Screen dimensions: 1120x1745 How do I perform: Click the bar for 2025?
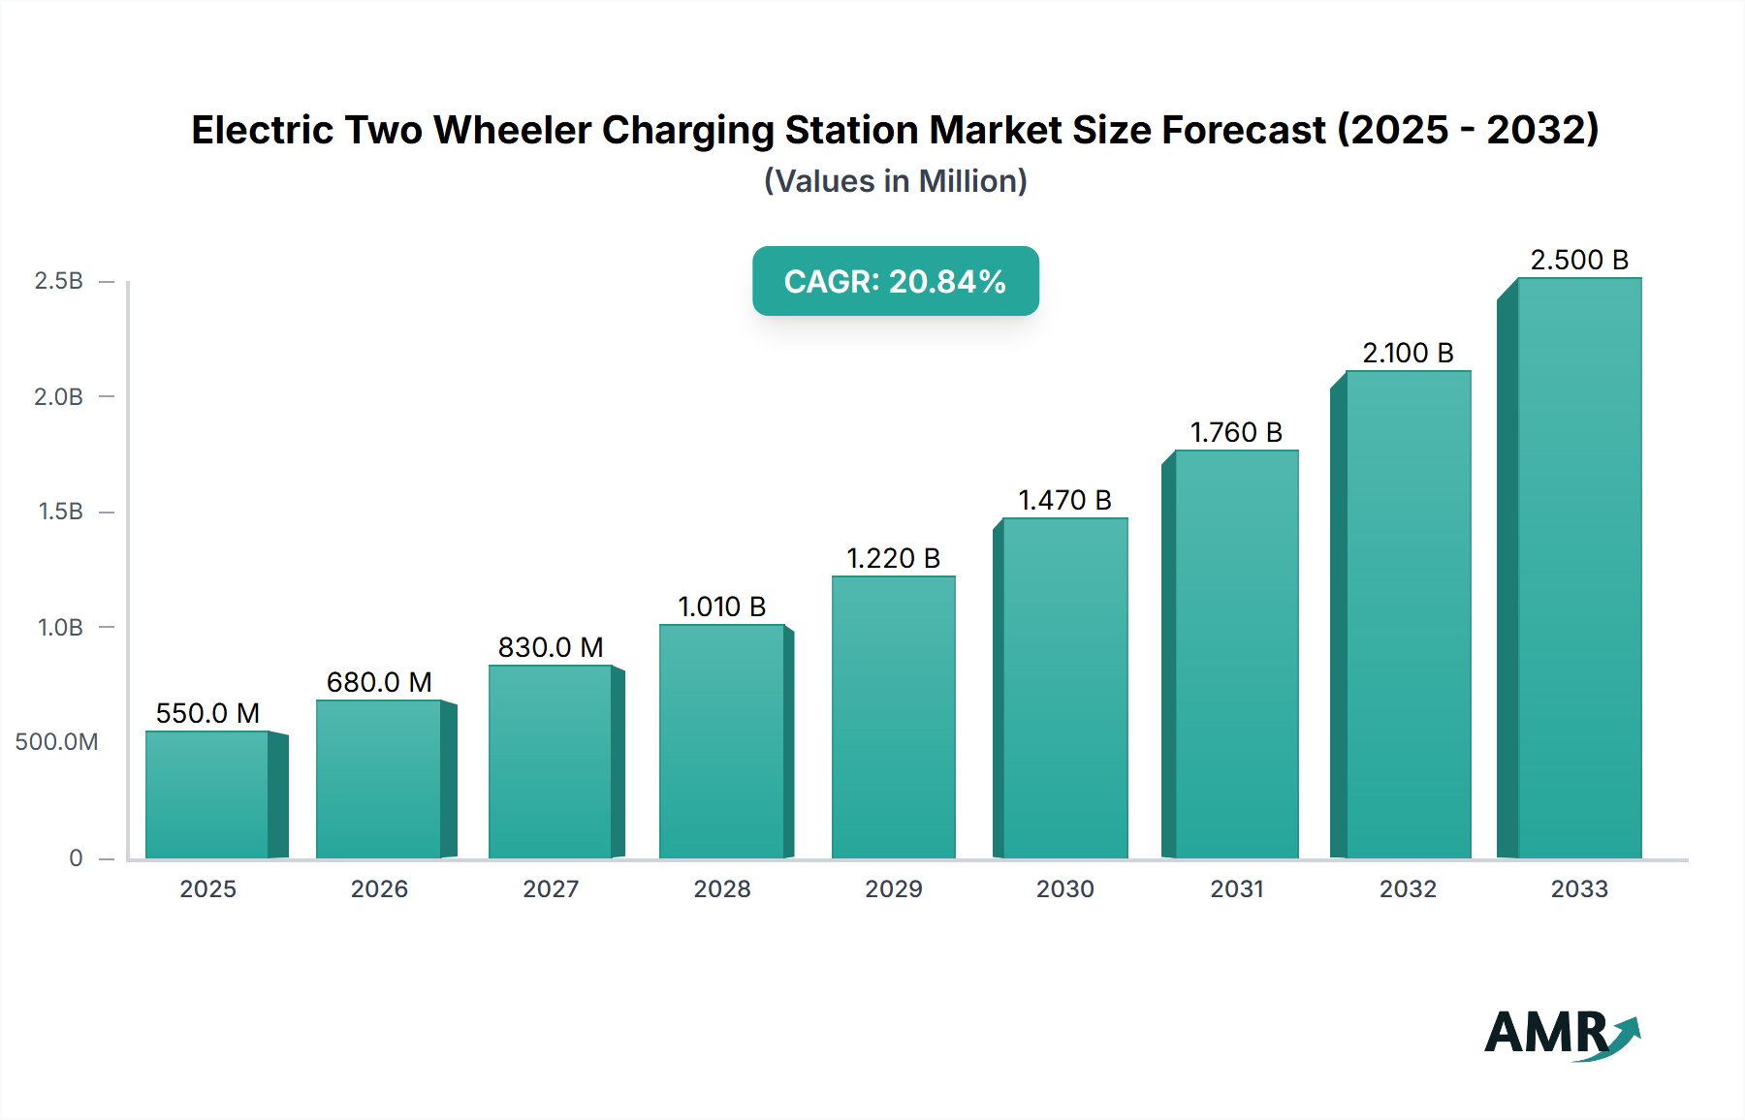pos(207,794)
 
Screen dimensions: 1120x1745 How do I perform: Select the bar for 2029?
pos(893,717)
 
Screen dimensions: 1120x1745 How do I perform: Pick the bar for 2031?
pos(1236,654)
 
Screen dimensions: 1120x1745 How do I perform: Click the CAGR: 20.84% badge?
pos(895,281)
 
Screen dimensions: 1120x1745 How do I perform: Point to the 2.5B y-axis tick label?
pos(58,281)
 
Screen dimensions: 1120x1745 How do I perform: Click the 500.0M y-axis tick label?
pos(56,742)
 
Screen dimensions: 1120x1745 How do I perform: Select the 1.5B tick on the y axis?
pos(60,512)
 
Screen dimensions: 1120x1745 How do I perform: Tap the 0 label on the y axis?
pos(76,858)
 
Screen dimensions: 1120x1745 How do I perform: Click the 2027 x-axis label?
pos(551,889)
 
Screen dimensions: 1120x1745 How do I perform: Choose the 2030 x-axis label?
pos(1064,889)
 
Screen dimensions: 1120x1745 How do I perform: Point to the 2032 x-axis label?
pos(1408,889)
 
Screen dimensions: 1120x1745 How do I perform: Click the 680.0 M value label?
pos(379,682)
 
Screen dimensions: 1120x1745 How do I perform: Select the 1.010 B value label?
pos(721,607)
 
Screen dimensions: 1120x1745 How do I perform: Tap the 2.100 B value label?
pos(1408,353)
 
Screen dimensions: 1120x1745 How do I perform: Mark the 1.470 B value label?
pos(1064,500)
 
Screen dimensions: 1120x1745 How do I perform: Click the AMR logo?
pos(1561,1034)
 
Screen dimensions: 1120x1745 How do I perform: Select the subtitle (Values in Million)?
pos(895,181)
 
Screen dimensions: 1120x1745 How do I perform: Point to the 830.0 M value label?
pos(551,647)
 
